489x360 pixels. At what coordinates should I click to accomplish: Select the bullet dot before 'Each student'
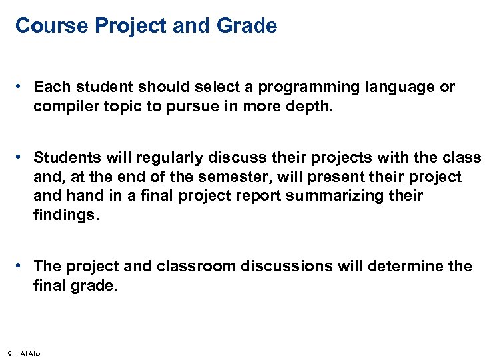click(x=22, y=87)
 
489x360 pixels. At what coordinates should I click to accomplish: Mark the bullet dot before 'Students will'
click(x=22, y=157)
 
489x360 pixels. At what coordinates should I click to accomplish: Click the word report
click(x=262, y=195)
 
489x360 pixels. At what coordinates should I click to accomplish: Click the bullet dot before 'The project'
click(x=22, y=265)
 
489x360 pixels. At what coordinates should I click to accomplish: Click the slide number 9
click(x=8, y=353)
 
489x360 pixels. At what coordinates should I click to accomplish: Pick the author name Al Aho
click(x=31, y=353)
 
